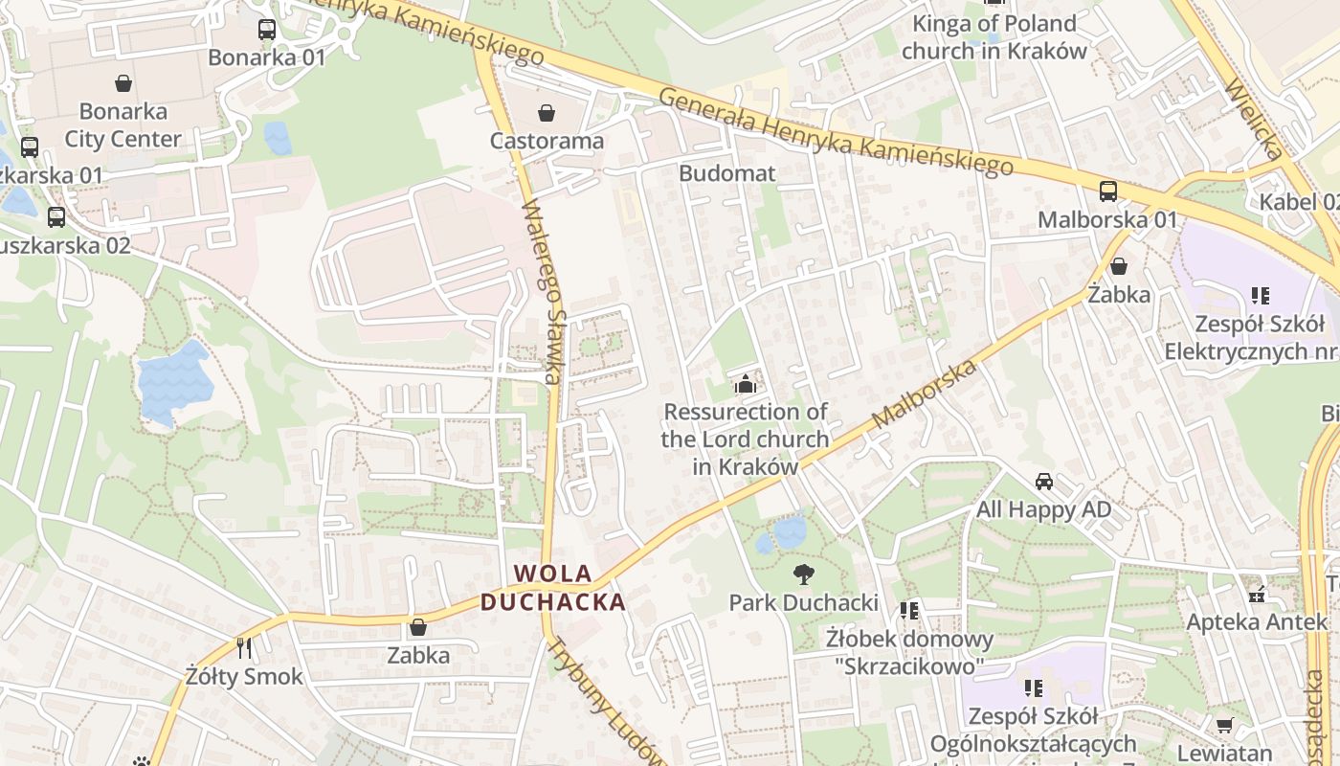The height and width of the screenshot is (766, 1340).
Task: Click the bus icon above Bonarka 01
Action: (x=267, y=30)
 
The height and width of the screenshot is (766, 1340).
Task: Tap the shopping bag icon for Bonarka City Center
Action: (x=123, y=83)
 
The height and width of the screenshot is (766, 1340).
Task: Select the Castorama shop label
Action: (x=547, y=141)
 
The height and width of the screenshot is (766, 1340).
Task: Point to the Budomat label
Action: (x=726, y=173)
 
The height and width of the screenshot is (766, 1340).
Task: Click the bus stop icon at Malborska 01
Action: (x=1107, y=191)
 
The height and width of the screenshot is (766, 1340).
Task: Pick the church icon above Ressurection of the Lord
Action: (x=745, y=385)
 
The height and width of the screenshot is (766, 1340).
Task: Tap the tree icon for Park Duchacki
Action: (x=803, y=574)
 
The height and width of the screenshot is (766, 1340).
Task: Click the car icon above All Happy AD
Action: (x=1043, y=482)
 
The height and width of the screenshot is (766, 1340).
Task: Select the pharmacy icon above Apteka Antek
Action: (x=1257, y=595)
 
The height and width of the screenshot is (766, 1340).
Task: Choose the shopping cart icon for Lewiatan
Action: (x=1224, y=725)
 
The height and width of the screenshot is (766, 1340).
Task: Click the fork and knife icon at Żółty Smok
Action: (x=244, y=648)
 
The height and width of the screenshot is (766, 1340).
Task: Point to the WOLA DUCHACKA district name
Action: (x=553, y=588)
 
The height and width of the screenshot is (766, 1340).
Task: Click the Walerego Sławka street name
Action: (x=542, y=291)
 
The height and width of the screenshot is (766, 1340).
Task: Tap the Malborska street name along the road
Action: (x=925, y=394)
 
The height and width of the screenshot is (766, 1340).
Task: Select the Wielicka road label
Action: (x=1253, y=121)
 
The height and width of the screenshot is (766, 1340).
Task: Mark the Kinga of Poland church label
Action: (x=994, y=36)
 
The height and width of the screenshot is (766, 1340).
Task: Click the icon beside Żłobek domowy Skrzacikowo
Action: (x=908, y=610)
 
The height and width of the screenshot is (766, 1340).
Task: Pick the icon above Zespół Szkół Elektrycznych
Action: (x=1260, y=296)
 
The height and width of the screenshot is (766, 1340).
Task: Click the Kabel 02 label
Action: (x=1300, y=202)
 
